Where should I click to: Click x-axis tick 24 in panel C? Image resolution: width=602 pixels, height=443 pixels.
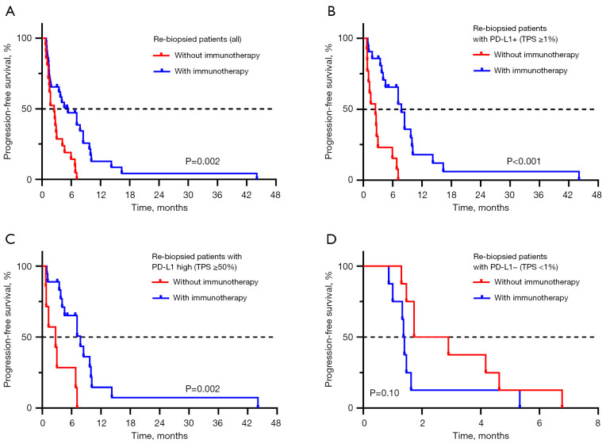[159, 420]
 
